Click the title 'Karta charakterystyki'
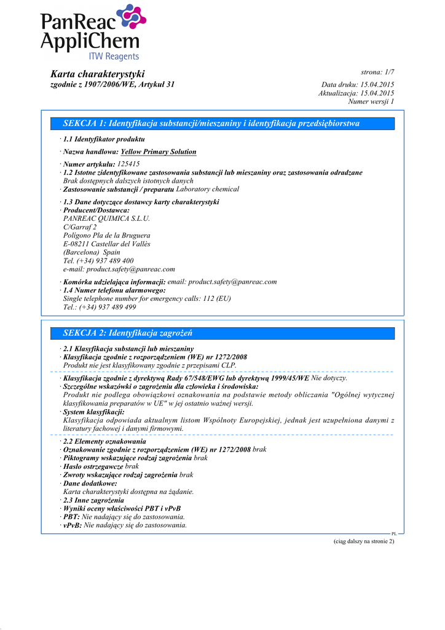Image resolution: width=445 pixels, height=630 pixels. [x=97, y=74]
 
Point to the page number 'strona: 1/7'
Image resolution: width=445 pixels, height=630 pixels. [x=377, y=73]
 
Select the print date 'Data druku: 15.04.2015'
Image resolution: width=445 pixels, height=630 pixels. [x=358, y=84]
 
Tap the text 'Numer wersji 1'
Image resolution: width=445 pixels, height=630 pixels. [x=371, y=102]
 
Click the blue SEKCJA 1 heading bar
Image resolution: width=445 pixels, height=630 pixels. [x=224, y=124]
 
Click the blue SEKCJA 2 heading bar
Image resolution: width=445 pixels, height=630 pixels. [x=224, y=333]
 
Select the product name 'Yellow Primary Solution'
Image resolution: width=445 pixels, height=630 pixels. [x=159, y=151]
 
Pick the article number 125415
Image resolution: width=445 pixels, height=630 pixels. [x=128, y=164]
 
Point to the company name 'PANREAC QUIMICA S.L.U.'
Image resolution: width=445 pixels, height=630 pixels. [x=106, y=218]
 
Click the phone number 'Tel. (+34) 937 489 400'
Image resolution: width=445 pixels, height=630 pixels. [x=98, y=261]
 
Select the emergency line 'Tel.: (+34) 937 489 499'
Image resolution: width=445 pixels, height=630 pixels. [x=100, y=307]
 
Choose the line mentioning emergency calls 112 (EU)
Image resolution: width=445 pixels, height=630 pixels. [x=147, y=298]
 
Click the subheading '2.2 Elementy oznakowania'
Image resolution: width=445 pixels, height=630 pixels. [x=104, y=442]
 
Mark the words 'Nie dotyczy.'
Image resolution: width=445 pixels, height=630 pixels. [x=329, y=378]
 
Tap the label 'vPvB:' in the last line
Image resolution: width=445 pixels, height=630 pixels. [x=73, y=525]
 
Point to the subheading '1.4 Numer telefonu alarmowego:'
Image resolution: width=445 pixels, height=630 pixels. [x=114, y=290]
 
